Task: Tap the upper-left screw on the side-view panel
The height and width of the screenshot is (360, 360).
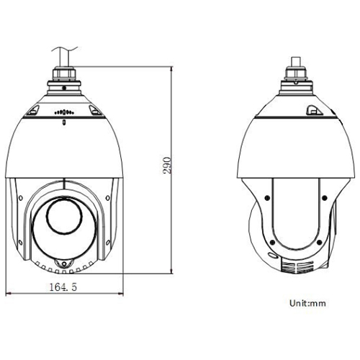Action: point(268,196)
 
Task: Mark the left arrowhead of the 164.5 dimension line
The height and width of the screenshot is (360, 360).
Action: point(9,293)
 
